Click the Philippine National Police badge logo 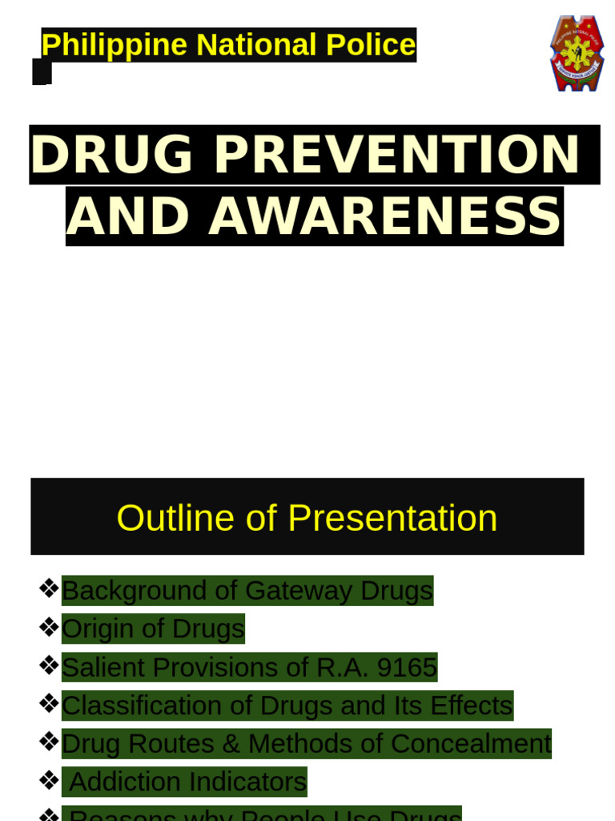pyautogui.click(x=577, y=53)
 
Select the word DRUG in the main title pyautogui.click(x=112, y=154)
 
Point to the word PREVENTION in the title pyautogui.click(x=396, y=154)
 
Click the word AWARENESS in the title pyautogui.click(x=384, y=216)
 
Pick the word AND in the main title pyautogui.click(x=130, y=216)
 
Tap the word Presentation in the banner pyautogui.click(x=392, y=518)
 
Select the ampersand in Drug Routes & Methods pyautogui.click(x=231, y=744)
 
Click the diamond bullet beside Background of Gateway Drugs pyautogui.click(x=48, y=588)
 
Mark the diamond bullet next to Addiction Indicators pyautogui.click(x=48, y=780)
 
